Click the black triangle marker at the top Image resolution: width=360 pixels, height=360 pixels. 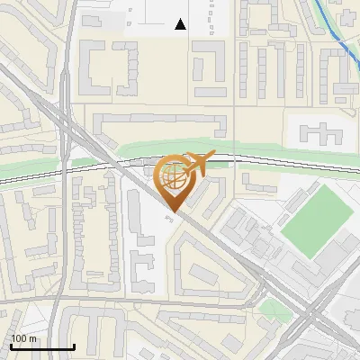pyautogui.click(x=181, y=25)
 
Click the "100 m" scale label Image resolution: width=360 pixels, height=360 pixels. pyautogui.click(x=23, y=338)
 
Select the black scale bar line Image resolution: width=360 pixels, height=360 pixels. pyautogui.click(x=41, y=347)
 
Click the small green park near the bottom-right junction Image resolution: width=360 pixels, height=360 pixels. pyautogui.click(x=270, y=310)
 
